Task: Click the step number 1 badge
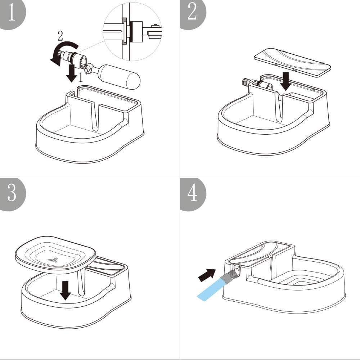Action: coord(11,13)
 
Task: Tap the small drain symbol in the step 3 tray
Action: coord(53,260)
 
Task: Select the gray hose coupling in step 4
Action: coord(230,276)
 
